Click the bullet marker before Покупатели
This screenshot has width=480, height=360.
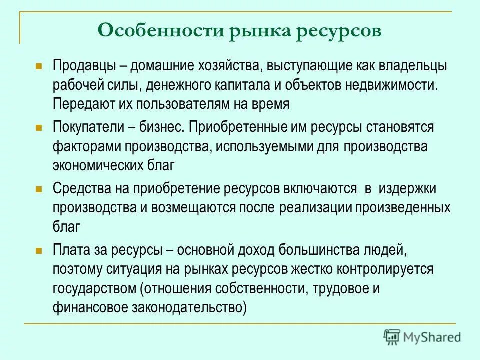39,128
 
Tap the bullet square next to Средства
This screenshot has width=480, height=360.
39,189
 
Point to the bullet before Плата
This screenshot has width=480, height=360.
39,250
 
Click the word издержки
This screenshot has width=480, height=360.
407,189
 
